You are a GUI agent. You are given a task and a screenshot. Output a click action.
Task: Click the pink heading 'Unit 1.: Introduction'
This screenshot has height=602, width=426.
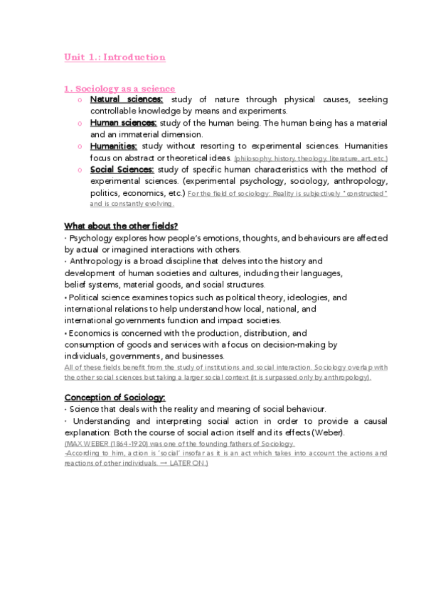pos(115,57)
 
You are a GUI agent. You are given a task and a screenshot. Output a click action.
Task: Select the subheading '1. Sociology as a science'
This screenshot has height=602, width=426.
pos(119,89)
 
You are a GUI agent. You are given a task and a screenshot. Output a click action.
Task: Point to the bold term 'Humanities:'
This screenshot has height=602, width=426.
pos(113,146)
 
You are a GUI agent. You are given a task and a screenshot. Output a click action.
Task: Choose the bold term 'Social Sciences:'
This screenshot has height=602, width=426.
pos(122,169)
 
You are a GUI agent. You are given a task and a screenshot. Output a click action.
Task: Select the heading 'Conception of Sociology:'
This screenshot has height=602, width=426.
pos(115,397)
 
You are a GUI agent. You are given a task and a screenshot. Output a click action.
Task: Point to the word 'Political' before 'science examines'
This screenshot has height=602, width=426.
pos(82,297)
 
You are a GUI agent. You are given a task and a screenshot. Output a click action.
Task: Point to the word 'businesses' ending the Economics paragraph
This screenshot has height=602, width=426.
pos(203,356)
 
